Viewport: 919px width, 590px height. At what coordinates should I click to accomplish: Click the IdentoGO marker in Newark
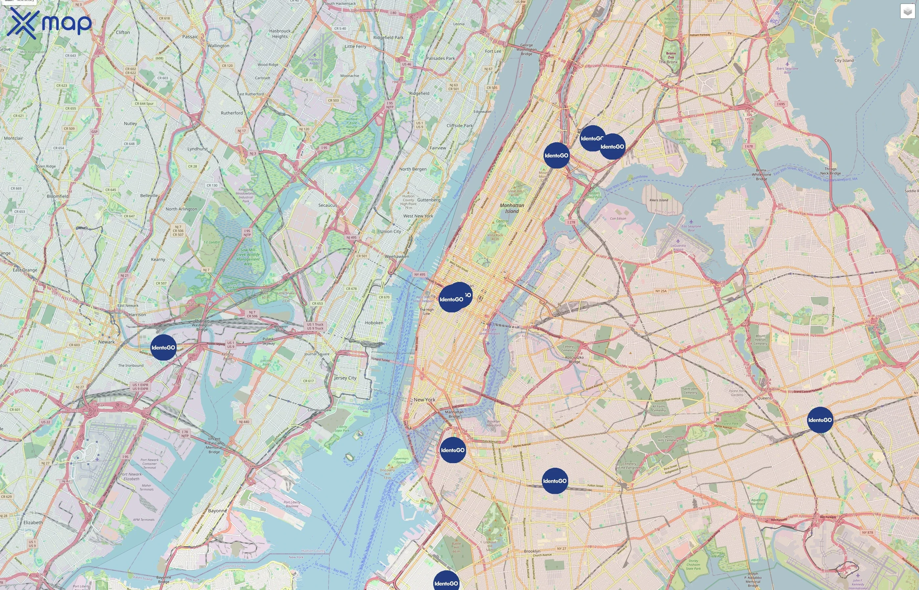tap(163, 347)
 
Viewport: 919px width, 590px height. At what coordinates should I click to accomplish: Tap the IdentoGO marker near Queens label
tap(820, 420)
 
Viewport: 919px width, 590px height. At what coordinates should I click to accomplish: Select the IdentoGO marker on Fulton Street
tap(555, 481)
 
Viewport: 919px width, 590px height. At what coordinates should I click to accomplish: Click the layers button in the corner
tap(908, 11)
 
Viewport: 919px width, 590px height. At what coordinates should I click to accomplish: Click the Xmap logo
tap(49, 23)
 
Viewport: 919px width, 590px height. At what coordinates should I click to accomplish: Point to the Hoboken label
tap(374, 323)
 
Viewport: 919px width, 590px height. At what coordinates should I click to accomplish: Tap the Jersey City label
tap(345, 378)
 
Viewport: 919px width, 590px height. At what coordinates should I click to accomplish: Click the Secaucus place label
tap(328, 205)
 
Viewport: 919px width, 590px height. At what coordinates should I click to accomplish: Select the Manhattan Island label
tap(512, 208)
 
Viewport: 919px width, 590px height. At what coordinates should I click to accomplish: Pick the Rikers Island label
tap(659, 200)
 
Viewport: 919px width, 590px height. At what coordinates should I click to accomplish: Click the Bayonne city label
tap(218, 511)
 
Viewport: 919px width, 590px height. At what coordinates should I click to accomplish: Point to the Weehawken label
tap(397, 256)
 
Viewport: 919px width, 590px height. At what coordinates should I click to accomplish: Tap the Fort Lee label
tap(493, 51)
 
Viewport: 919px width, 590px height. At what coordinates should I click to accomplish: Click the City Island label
tap(844, 61)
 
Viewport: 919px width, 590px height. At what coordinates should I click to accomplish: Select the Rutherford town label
tap(232, 113)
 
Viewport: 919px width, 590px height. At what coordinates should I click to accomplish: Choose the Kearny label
tap(158, 259)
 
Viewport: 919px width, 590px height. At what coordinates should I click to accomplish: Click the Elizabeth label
tap(33, 522)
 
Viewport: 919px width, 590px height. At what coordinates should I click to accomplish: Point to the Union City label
tap(391, 231)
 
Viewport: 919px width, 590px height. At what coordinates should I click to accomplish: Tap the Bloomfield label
tap(57, 196)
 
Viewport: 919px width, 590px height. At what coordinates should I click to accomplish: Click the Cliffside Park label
tap(460, 126)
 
